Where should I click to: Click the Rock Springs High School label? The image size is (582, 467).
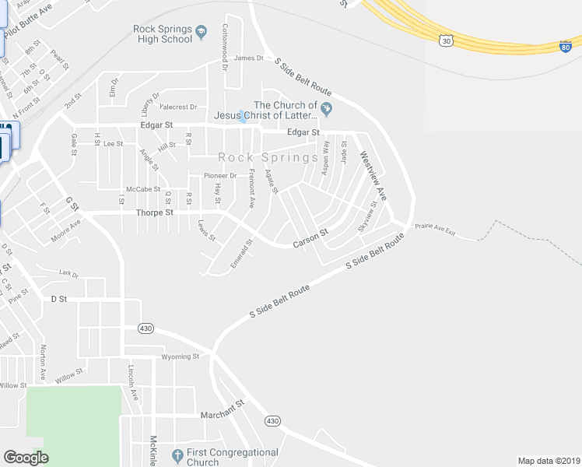tap(162, 34)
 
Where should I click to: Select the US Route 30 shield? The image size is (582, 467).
tap(445, 39)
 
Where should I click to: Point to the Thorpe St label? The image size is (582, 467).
tap(153, 212)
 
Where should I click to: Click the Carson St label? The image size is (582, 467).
tap(310, 239)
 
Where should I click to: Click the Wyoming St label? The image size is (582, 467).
tap(181, 356)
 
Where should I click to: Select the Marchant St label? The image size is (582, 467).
tap(222, 404)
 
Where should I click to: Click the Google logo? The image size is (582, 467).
tap(26, 458)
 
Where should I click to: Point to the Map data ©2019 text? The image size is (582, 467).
tap(548, 460)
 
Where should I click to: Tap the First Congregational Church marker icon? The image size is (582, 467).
tap(177, 453)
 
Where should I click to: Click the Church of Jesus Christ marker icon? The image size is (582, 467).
tap(327, 107)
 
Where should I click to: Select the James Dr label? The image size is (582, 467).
tap(249, 58)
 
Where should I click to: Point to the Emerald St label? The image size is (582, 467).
tap(242, 255)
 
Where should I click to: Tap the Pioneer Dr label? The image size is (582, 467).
tap(220, 175)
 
